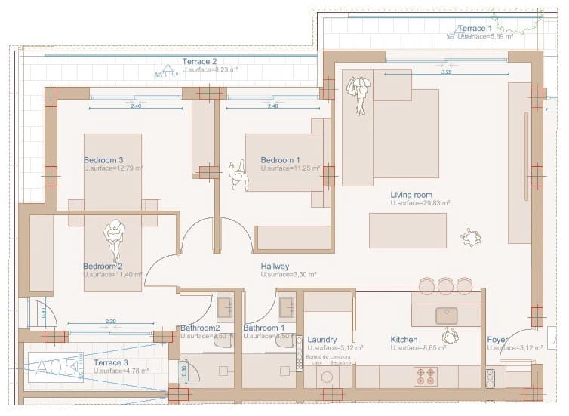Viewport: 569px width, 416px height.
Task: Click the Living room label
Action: click(x=411, y=195)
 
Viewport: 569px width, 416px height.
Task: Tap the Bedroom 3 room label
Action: click(x=103, y=160)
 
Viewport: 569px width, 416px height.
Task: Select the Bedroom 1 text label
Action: click(x=280, y=160)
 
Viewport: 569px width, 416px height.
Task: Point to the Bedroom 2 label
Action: click(x=103, y=267)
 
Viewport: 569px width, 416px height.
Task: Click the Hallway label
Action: click(x=275, y=267)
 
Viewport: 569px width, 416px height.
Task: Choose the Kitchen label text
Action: click(x=404, y=340)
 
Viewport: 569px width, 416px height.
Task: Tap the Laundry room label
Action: click(x=322, y=340)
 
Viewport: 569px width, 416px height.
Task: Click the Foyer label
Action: click(x=497, y=340)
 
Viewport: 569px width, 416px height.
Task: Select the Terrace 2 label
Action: click(x=199, y=61)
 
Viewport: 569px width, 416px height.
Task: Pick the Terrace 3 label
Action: click(x=109, y=362)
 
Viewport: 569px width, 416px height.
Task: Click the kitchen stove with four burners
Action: click(x=426, y=375)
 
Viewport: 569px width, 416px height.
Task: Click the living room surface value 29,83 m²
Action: click(x=420, y=204)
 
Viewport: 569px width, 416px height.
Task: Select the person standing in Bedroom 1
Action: click(x=238, y=174)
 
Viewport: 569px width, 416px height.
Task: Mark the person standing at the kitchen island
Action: click(x=450, y=334)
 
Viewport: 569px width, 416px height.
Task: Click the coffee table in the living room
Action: click(x=407, y=230)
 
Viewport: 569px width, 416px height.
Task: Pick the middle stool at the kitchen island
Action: click(x=445, y=285)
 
